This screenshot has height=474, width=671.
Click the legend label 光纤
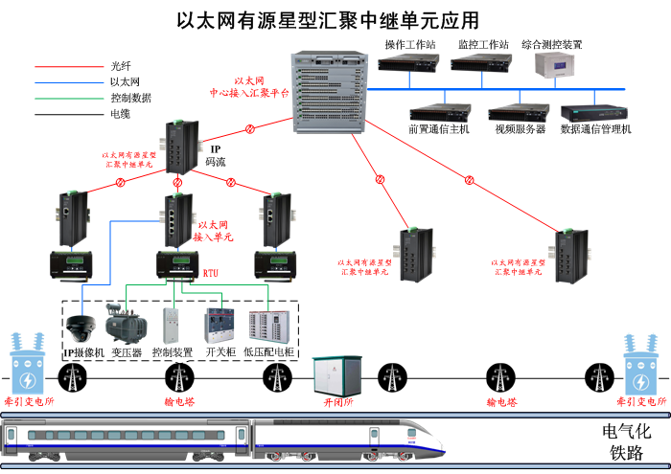tap(120, 66)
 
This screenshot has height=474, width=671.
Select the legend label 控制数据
tap(130, 98)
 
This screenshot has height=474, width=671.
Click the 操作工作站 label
tap(410, 45)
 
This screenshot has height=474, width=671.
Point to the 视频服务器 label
tap(520, 129)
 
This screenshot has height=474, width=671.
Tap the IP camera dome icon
tap(79, 327)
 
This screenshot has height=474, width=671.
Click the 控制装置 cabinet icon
tap(173, 326)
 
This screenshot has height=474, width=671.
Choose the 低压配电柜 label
tap(269, 352)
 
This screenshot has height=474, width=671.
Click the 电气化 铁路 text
tap(624, 441)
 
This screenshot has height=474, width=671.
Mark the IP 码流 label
tap(216, 155)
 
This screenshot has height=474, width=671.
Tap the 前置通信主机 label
tap(439, 129)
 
